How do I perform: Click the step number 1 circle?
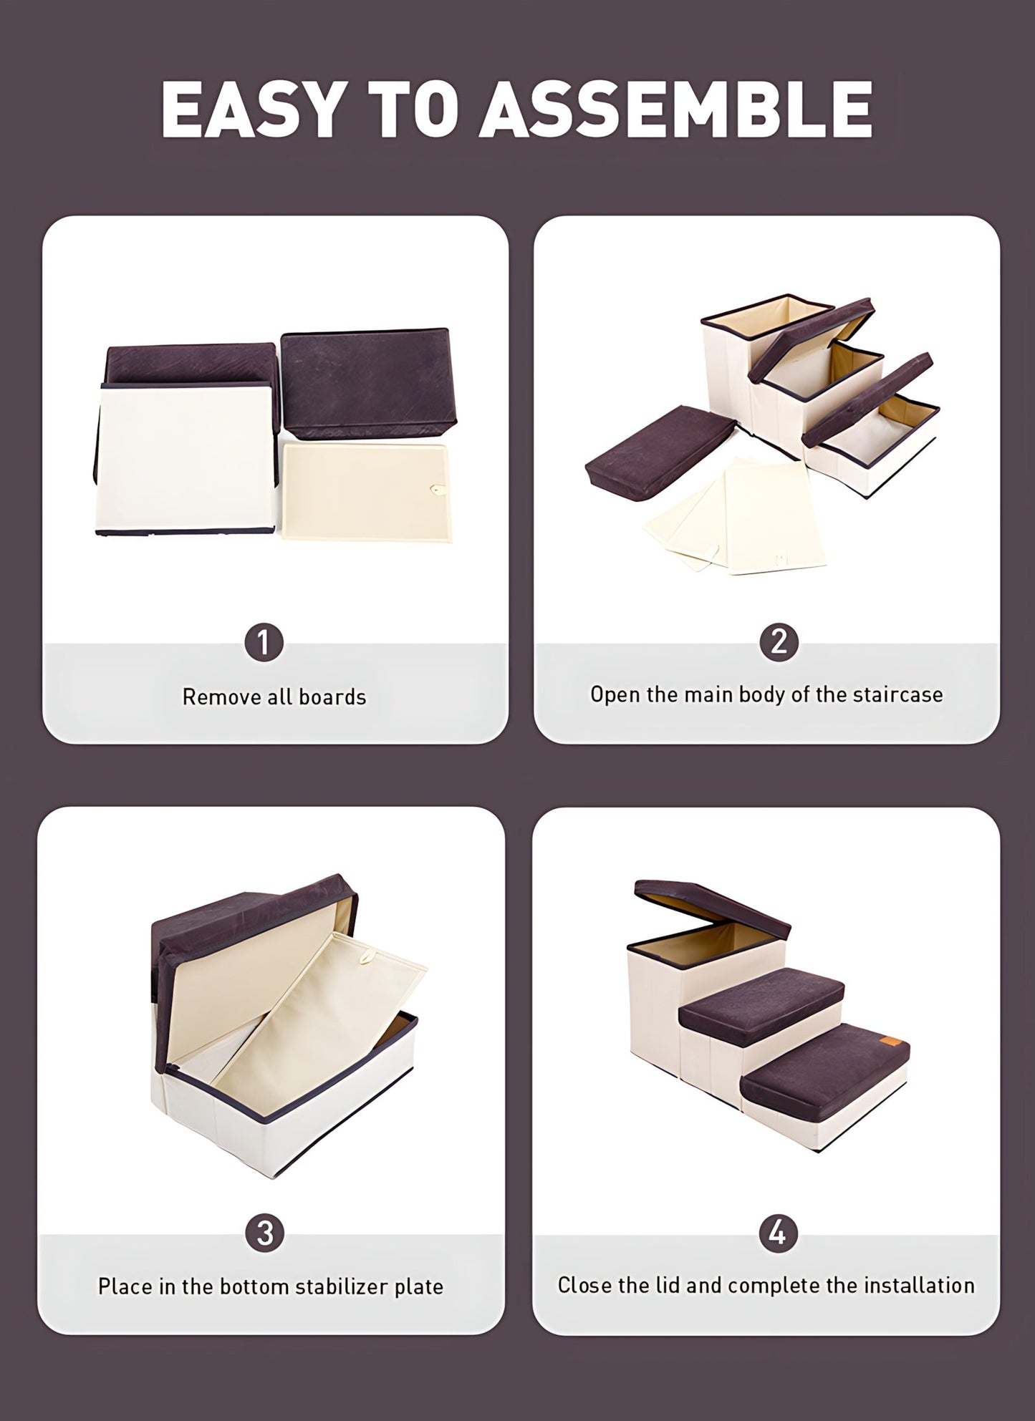(264, 642)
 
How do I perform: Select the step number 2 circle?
(779, 641)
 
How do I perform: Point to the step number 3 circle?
(264, 1232)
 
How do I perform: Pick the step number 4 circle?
(777, 1232)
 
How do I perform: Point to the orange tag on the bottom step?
(887, 1042)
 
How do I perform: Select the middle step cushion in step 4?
(761, 1005)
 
